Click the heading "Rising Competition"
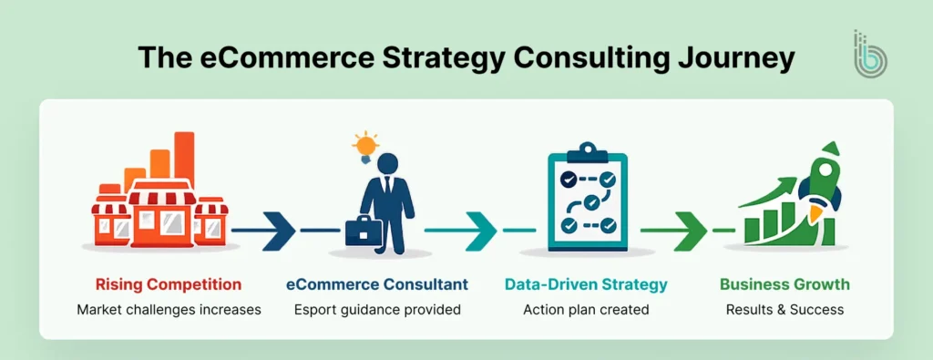tap(169, 284)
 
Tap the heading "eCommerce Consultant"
tap(377, 284)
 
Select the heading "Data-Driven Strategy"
tap(586, 284)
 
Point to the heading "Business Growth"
tap(784, 284)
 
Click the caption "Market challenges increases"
tap(169, 310)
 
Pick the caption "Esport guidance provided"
tap(377, 310)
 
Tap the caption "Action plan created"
tap(586, 310)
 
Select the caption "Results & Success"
tap(784, 310)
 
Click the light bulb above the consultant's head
tap(365, 145)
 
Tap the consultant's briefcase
tap(363, 231)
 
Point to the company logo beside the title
tap(871, 57)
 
